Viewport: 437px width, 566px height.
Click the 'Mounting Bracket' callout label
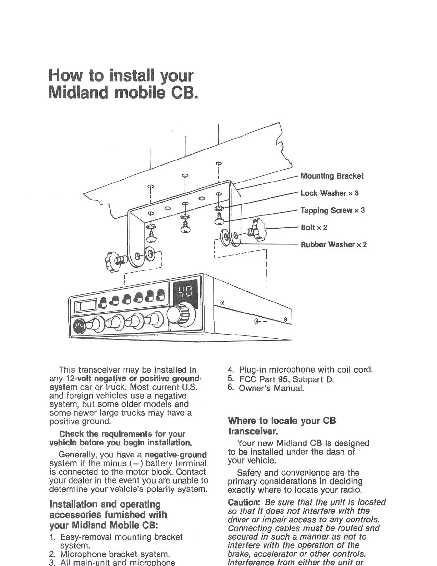click(332, 176)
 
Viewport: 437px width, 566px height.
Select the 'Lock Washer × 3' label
click(330, 193)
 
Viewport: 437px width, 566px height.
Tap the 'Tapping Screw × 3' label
click(332, 210)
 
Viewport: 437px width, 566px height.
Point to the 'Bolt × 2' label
click(314, 228)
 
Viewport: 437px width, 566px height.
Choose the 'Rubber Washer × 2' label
click(333, 245)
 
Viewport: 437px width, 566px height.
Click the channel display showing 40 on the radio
click(185, 293)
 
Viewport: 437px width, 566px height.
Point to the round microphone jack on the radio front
click(79, 326)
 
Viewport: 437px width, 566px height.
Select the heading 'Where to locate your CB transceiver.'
click(282, 426)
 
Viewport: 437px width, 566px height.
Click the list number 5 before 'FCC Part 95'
click(231, 378)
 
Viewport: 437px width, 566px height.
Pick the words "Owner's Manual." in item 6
click(271, 388)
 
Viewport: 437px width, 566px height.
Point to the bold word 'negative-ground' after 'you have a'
click(176, 455)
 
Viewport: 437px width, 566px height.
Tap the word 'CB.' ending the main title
click(185, 92)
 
